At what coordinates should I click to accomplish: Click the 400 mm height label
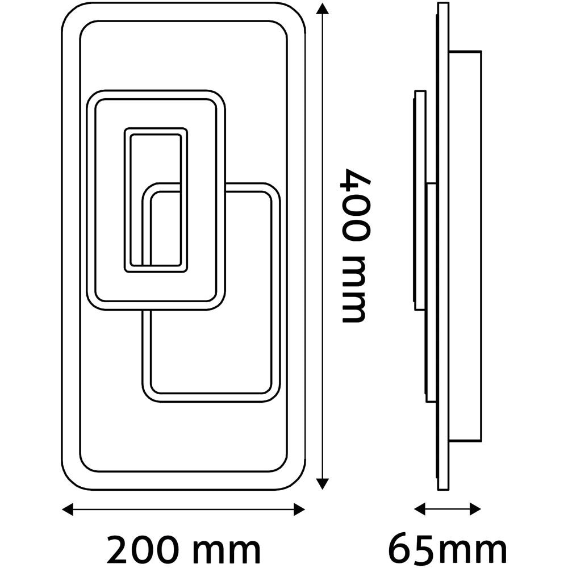[x=356, y=245]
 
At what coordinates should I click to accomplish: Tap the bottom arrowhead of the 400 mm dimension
[x=322, y=483]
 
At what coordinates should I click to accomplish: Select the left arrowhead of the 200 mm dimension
[x=68, y=509]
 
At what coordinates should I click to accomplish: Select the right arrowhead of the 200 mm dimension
[x=299, y=509]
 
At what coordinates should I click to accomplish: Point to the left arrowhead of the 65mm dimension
[x=420, y=509]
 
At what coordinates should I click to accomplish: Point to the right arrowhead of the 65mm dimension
[x=475, y=509]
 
